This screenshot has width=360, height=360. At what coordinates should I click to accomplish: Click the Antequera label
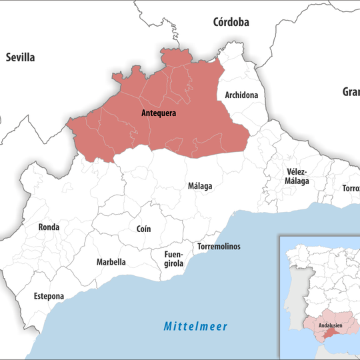[x=159, y=113]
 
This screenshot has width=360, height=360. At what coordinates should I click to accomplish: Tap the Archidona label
[x=241, y=95]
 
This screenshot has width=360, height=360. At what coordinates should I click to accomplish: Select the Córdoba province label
[x=231, y=22]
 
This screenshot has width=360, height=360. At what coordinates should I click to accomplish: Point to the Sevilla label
[x=20, y=57]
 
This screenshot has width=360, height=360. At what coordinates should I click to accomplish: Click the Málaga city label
[x=199, y=186]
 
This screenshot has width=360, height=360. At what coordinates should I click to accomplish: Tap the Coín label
[x=143, y=229]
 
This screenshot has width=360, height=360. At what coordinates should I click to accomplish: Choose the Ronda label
[x=49, y=227]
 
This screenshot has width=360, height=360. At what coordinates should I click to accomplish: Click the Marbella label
[x=111, y=262]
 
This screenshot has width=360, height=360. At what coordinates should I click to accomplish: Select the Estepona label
[x=50, y=296]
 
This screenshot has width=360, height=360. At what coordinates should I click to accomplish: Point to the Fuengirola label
[x=173, y=259]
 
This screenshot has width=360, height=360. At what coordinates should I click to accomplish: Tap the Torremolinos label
[x=219, y=247]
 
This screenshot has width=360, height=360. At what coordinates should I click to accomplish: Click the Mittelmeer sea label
[x=196, y=327]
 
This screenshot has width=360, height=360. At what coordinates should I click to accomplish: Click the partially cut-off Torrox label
[x=351, y=189]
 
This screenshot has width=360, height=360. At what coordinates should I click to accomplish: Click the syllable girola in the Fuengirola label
[x=173, y=264]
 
